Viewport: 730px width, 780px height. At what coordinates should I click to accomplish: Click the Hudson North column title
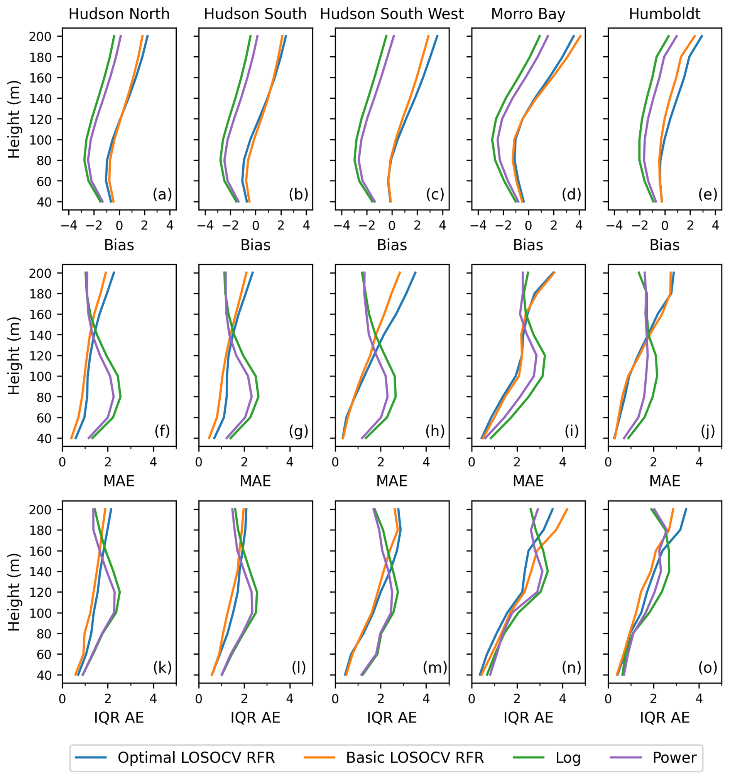pyautogui.click(x=119, y=15)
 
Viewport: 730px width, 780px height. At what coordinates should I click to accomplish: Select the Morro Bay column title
pyautogui.click(x=528, y=15)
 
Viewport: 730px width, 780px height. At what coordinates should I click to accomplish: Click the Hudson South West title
pyautogui.click(x=392, y=15)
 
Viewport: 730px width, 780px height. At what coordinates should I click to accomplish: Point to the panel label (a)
pyautogui.click(x=162, y=194)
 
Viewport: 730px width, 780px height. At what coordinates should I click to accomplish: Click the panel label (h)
pyautogui.click(x=435, y=431)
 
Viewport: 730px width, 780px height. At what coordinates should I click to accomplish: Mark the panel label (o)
pyautogui.click(x=708, y=667)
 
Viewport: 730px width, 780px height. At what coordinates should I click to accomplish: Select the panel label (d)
pyautogui.click(x=571, y=194)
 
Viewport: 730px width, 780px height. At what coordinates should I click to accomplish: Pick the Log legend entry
pyautogui.click(x=568, y=757)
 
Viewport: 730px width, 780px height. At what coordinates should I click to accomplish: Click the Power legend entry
pyautogui.click(x=674, y=757)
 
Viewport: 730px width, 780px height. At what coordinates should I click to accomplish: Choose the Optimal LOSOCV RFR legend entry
pyautogui.click(x=196, y=757)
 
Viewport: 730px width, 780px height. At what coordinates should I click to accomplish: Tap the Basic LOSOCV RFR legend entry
pyautogui.click(x=414, y=757)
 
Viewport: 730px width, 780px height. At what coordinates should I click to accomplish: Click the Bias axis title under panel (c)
pyautogui.click(x=392, y=245)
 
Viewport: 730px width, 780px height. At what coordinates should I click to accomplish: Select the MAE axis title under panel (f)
pyautogui.click(x=119, y=481)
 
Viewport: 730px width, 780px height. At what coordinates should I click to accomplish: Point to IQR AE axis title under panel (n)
pyautogui.click(x=528, y=718)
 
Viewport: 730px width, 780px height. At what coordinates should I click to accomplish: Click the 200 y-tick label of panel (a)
pyautogui.click(x=41, y=37)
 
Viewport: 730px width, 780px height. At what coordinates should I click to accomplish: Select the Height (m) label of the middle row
pyautogui.click(x=14, y=355)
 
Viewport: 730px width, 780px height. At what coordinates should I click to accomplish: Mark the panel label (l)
pyautogui.click(x=299, y=667)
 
